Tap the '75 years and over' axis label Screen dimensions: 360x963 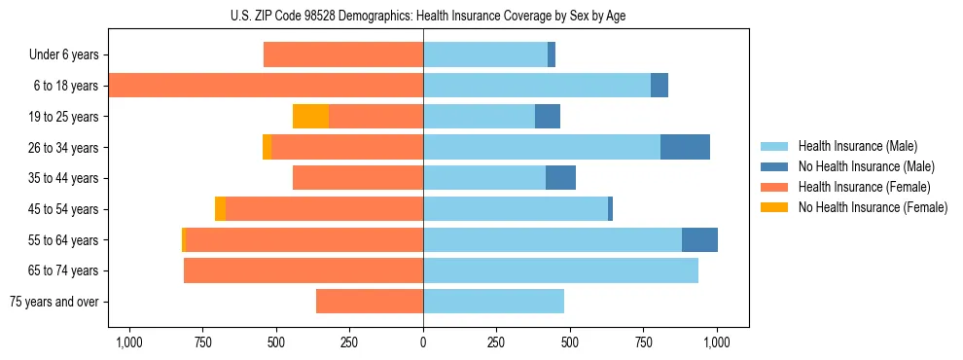point(54,302)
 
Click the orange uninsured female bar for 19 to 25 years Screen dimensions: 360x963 point(310,117)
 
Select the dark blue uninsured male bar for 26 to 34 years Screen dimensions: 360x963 point(685,147)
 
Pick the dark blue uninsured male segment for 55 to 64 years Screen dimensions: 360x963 point(699,239)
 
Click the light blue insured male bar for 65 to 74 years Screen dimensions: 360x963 point(560,270)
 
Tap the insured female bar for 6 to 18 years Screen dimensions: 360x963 point(266,86)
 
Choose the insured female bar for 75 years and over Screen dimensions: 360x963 point(370,302)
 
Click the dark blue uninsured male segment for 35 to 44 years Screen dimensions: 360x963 point(560,178)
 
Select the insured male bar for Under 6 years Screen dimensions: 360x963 point(485,54)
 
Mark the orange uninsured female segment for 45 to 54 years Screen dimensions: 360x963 point(220,209)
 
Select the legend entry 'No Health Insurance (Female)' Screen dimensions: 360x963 point(873,207)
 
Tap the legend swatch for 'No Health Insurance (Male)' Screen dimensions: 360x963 point(774,166)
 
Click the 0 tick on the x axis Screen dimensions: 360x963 point(423,342)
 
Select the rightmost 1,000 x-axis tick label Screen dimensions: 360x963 point(717,342)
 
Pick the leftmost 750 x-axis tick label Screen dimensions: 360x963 point(202,342)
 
